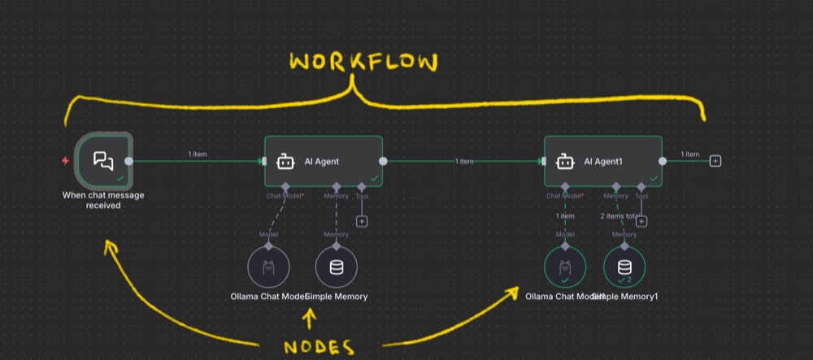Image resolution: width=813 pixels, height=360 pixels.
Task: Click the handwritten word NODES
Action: tap(320, 347)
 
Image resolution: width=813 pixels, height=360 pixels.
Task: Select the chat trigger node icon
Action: tap(102, 161)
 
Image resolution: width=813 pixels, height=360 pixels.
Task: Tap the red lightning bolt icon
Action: tap(66, 161)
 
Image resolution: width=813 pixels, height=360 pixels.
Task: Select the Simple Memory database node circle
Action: tap(336, 267)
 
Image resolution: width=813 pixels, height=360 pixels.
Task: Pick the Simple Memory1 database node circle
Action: tap(624, 267)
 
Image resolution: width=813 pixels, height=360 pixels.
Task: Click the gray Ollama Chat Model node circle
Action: tap(268, 267)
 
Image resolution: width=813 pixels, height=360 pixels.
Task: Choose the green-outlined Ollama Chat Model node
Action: tap(565, 267)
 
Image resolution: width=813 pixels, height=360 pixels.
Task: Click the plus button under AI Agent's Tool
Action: tap(362, 221)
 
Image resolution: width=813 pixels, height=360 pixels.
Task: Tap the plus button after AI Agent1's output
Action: tap(715, 161)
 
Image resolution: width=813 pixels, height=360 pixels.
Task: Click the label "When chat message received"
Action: tap(103, 200)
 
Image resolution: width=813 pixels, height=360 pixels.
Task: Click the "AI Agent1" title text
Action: tap(603, 162)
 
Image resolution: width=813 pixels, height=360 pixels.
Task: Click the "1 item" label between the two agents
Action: tap(464, 162)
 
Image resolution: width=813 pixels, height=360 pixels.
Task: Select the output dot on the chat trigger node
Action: tap(129, 161)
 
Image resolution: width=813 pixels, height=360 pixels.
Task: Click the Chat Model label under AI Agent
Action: tap(285, 196)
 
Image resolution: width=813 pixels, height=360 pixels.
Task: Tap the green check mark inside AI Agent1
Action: tap(654, 177)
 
